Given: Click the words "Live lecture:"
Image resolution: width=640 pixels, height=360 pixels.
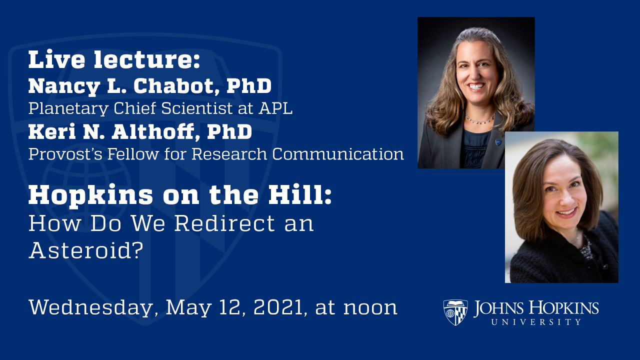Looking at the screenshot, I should pyautogui.click(x=114, y=60).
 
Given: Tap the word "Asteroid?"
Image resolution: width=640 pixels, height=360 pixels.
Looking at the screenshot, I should pyautogui.click(x=83, y=249).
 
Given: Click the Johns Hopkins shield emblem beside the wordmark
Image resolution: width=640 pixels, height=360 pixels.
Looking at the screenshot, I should pyautogui.click(x=455, y=312).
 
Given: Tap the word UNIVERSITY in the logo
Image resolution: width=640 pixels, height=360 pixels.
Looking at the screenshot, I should pyautogui.click(x=536, y=322).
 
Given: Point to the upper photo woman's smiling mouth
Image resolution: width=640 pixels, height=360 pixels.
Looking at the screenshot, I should pyautogui.click(x=475, y=86).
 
